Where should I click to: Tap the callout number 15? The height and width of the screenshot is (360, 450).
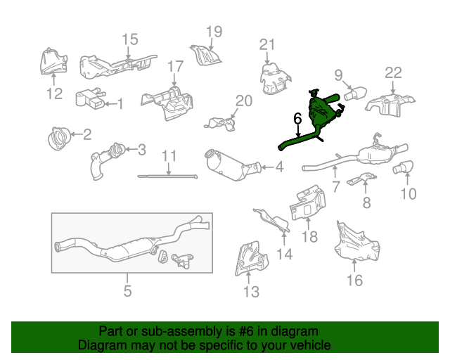(130, 39)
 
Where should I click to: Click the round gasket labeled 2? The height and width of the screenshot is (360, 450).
(58, 139)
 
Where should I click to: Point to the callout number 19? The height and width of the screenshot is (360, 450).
(214, 32)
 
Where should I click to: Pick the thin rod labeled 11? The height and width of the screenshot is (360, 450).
(167, 176)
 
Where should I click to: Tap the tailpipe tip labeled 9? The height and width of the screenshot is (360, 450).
(355, 94)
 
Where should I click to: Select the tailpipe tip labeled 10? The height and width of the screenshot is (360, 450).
(403, 167)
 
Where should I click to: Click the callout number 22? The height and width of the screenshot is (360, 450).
(393, 73)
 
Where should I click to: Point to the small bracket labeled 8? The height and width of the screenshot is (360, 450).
(362, 179)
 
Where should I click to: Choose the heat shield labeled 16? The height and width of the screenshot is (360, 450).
(356, 241)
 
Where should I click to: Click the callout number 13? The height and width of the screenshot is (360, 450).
(252, 292)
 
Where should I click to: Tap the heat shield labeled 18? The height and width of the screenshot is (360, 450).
(308, 202)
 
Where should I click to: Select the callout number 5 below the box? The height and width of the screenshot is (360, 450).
(128, 291)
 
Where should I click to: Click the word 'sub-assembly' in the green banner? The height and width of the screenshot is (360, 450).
(181, 331)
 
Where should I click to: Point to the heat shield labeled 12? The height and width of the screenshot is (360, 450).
(53, 62)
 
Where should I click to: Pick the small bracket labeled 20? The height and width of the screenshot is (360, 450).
(220, 124)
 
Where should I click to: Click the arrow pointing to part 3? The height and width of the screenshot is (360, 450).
(131, 149)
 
